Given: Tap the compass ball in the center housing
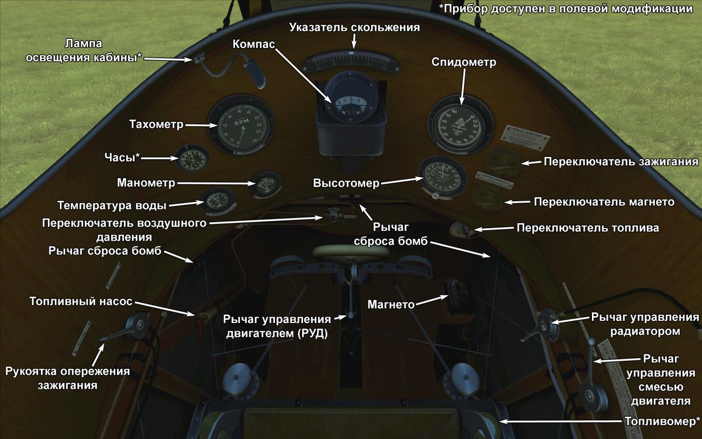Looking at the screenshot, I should click(x=347, y=101).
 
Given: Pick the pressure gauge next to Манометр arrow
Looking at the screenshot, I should click(x=265, y=185).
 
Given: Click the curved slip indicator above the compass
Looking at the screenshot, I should click(x=352, y=62).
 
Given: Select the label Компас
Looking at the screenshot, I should click(x=254, y=44).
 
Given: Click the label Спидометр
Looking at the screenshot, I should click(x=464, y=63).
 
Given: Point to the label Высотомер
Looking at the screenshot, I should click(x=346, y=184).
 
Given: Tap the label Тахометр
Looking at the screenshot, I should click(x=156, y=125).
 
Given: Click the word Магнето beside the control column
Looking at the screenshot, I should click(x=391, y=304).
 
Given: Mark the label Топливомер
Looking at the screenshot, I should click(x=662, y=422).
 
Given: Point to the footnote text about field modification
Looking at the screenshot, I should click(x=566, y=9).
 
